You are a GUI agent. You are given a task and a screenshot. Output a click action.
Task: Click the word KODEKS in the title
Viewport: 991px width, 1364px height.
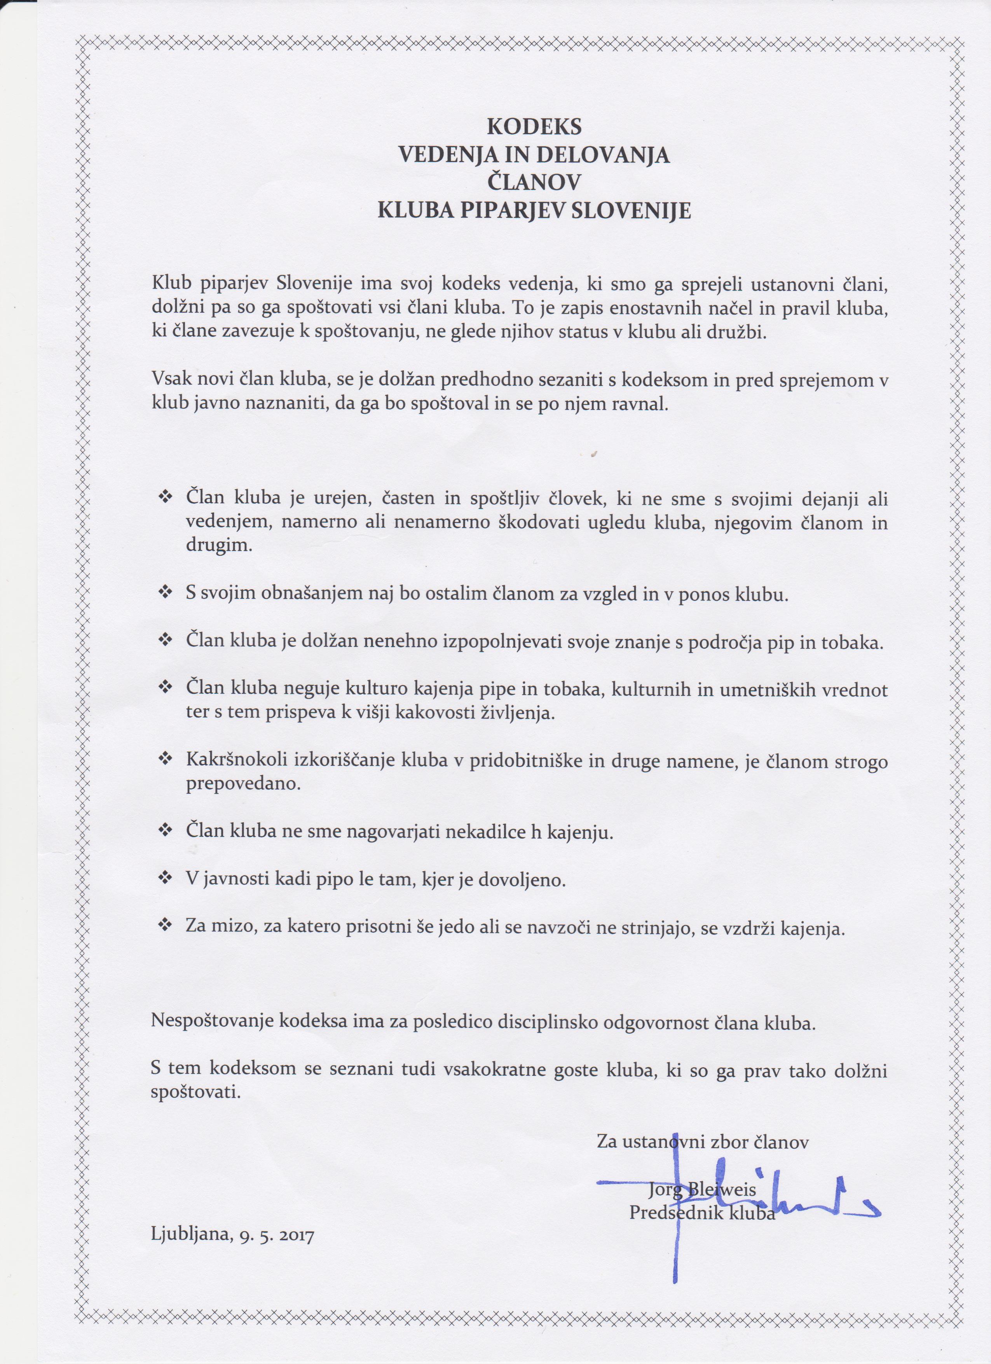pos(534,127)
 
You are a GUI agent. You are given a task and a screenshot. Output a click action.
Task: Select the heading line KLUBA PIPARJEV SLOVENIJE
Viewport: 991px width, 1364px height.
pos(534,211)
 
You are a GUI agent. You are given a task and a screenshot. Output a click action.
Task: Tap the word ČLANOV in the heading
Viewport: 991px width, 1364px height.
pos(534,183)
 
